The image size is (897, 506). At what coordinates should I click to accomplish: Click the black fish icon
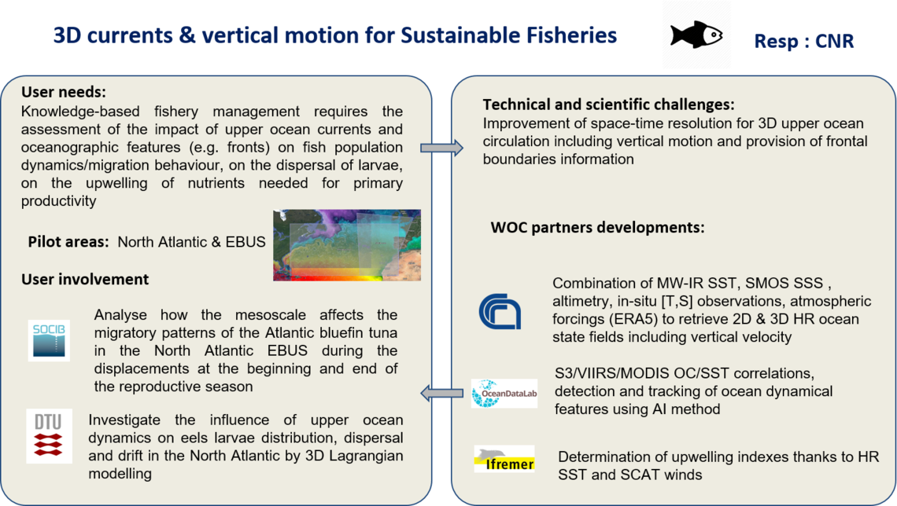tap(696, 35)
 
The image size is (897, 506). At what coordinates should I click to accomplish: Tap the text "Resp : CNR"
tap(803, 41)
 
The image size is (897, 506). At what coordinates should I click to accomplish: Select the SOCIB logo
tap(49, 340)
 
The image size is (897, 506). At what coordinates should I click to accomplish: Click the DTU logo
tap(49, 436)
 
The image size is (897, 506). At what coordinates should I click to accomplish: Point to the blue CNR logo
tap(500, 312)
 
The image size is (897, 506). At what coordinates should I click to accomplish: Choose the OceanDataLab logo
tap(504, 393)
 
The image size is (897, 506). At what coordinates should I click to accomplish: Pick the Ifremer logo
tap(504, 459)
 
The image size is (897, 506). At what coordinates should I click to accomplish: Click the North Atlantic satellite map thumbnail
tap(347, 245)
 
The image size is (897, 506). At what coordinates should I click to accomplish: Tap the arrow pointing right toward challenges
tap(441, 148)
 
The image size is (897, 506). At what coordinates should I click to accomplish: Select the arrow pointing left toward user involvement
tap(441, 393)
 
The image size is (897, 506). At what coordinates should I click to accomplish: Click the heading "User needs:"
tap(64, 92)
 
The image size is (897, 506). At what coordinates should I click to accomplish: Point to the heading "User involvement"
tap(85, 279)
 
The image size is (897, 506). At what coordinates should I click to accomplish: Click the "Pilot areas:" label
tap(68, 241)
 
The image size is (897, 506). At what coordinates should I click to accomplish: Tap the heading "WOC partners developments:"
tap(597, 227)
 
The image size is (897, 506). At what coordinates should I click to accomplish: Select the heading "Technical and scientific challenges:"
tap(609, 104)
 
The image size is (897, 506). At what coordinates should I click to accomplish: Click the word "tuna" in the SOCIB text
tap(382, 332)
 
